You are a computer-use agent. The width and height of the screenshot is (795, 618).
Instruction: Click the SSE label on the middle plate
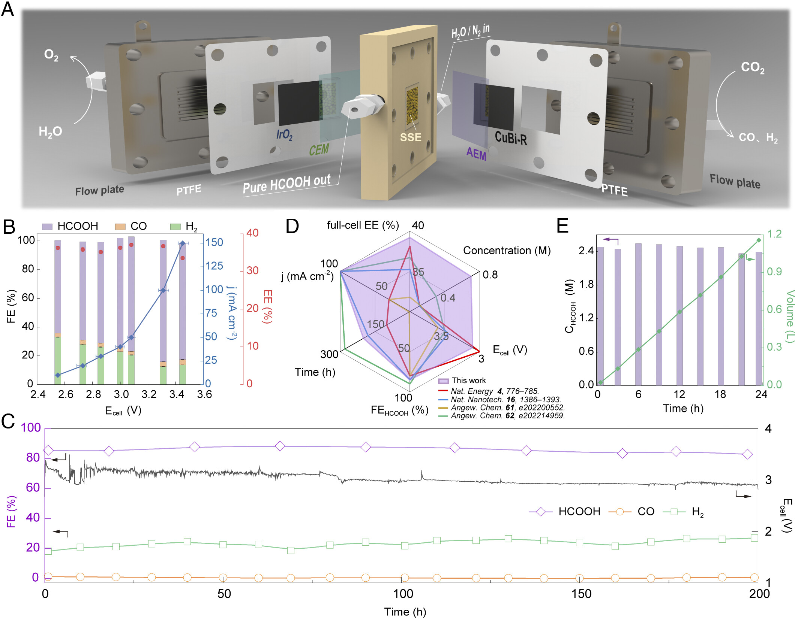[x=411, y=137]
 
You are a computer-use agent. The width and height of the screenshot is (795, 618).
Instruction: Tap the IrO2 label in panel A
[x=284, y=134]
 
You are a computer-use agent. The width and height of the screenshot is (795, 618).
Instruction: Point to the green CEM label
[x=319, y=149]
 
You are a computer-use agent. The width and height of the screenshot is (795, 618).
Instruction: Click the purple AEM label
[x=476, y=154]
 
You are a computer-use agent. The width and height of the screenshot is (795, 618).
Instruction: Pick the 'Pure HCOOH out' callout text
[x=287, y=184]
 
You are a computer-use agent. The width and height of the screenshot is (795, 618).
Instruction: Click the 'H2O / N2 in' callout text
[x=470, y=31]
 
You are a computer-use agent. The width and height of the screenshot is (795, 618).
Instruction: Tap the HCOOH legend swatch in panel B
[x=47, y=226]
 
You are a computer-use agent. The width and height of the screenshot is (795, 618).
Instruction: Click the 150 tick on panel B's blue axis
[x=214, y=242]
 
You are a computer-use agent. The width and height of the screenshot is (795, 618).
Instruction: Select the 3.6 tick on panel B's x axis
[x=204, y=394]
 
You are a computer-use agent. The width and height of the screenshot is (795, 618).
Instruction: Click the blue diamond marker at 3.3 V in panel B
[x=163, y=290]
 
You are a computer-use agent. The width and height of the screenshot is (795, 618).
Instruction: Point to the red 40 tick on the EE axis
[x=252, y=233]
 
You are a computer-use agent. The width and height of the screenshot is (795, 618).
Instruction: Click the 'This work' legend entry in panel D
[x=468, y=381]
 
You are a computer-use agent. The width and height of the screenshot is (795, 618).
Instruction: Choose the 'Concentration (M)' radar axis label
[x=507, y=250]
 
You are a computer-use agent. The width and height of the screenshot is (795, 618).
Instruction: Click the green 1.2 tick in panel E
[x=774, y=234]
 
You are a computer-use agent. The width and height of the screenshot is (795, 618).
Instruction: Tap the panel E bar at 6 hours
[x=638, y=314]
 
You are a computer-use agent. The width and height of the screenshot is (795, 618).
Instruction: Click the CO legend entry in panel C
[x=646, y=511]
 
